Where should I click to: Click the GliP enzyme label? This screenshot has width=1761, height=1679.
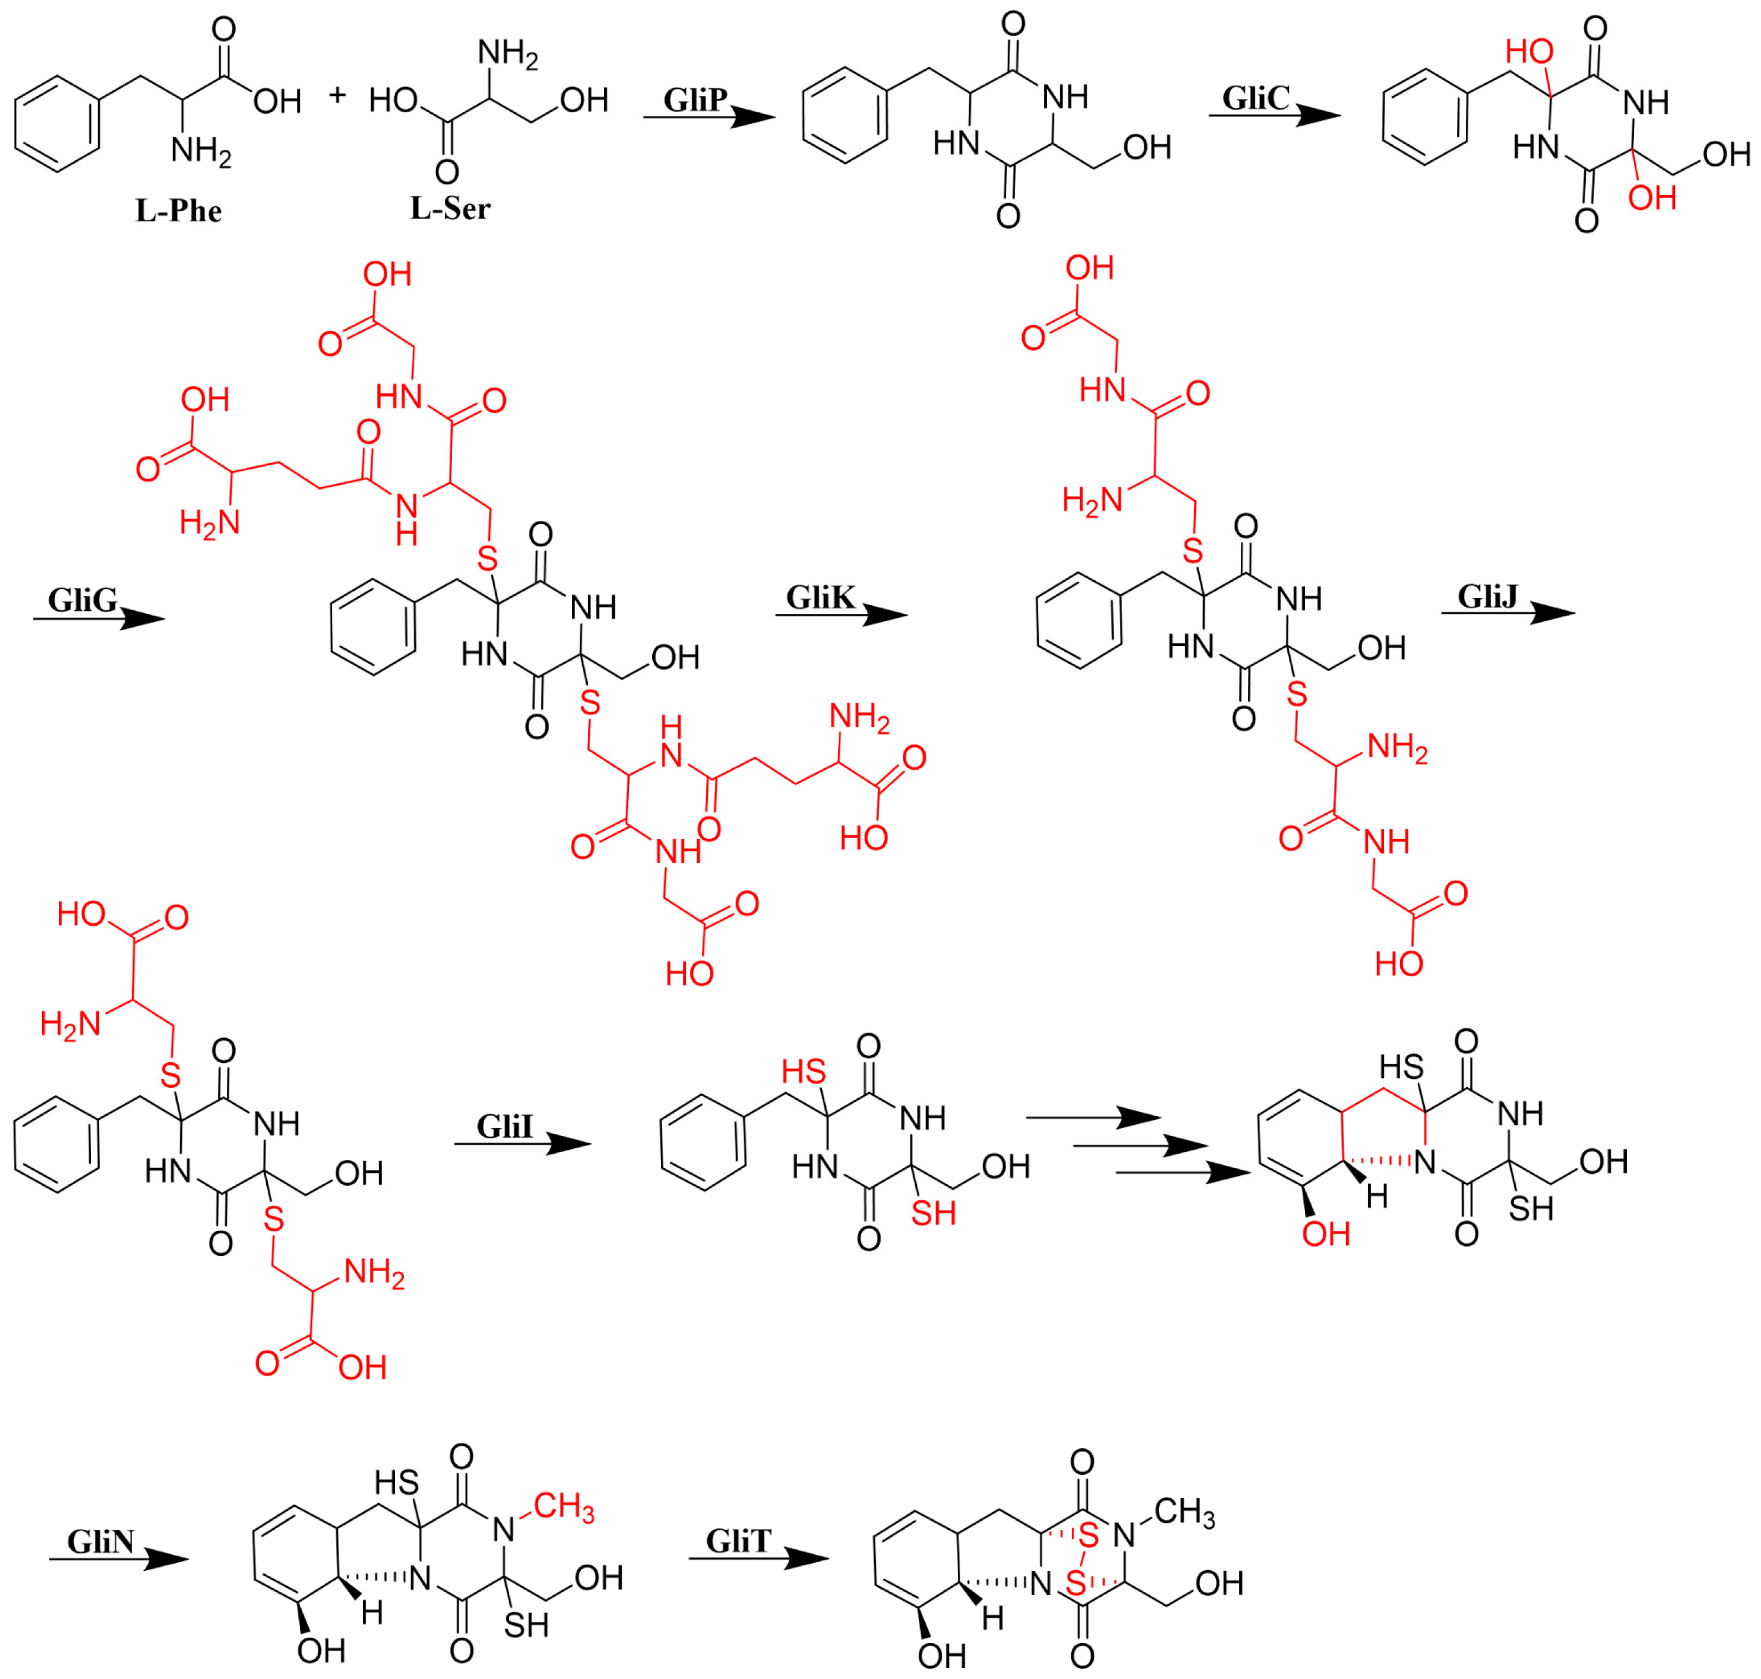(x=694, y=99)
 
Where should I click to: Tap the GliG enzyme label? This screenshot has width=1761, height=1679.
(x=82, y=600)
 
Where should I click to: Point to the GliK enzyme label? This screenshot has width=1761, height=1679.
(x=820, y=597)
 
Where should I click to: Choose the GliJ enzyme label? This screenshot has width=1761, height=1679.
(x=1487, y=595)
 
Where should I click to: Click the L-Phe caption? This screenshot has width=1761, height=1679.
(x=178, y=211)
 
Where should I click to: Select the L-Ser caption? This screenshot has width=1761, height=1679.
(x=450, y=209)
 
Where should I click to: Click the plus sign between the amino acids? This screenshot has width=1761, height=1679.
(x=337, y=94)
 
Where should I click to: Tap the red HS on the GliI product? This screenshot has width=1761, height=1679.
(x=803, y=1071)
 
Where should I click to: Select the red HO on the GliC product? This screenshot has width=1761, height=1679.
(x=1529, y=52)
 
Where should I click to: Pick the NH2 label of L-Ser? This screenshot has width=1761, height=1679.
(x=508, y=54)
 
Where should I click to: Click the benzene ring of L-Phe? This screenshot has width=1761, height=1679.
(x=57, y=124)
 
